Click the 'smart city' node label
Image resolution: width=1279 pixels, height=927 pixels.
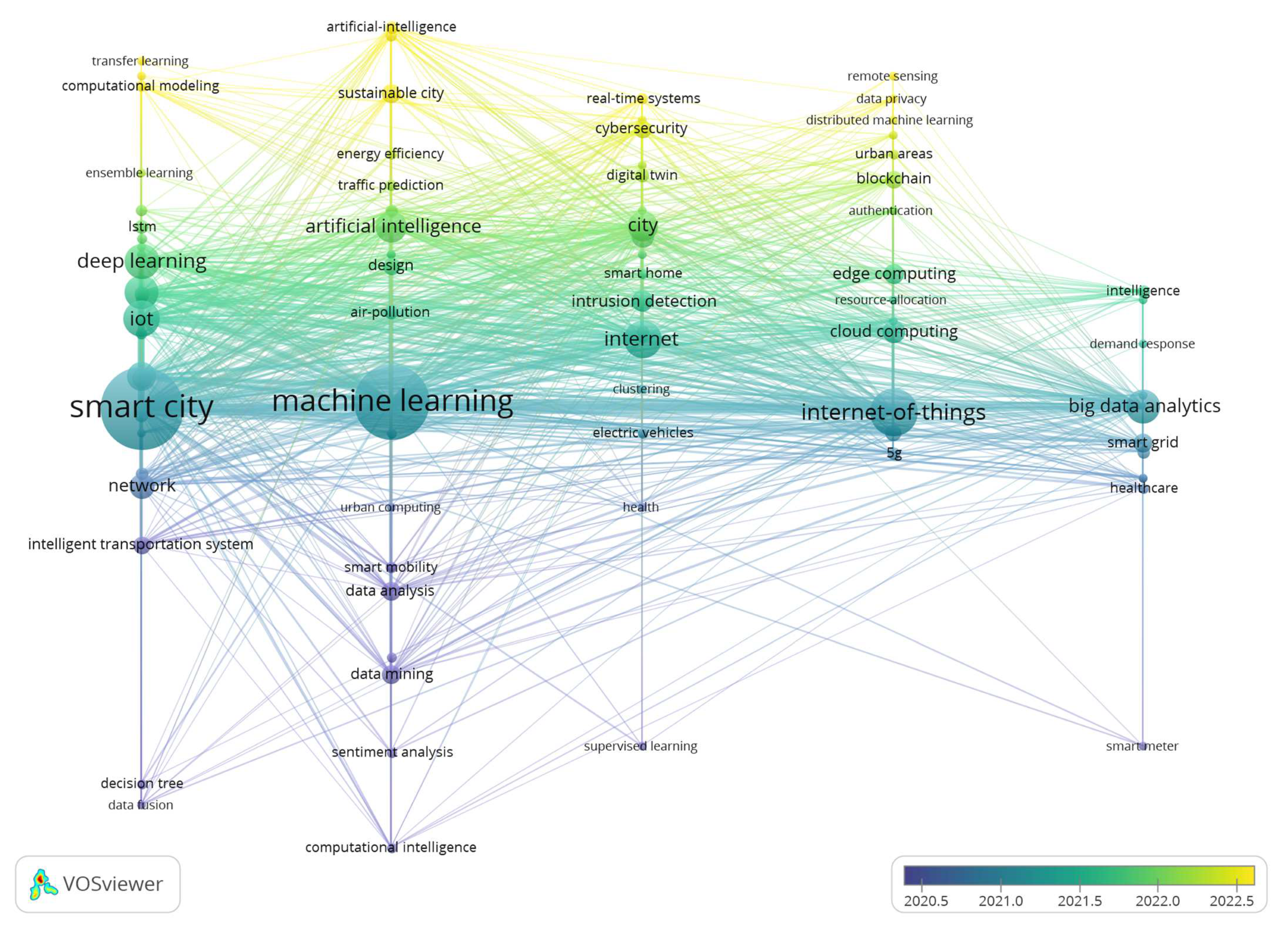coord(141,407)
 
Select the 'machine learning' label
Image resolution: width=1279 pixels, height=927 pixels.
coord(392,401)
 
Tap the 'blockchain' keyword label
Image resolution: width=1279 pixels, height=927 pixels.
coord(893,178)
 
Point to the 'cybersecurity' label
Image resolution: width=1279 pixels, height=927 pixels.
coord(641,128)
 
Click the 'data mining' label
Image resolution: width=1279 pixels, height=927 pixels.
coord(392,674)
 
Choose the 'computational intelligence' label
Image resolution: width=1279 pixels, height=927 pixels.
coord(391,847)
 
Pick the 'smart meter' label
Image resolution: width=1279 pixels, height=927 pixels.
coord(1142,746)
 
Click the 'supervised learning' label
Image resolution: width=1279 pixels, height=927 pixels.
coord(641,746)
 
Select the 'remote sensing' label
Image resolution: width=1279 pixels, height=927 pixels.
coord(892,76)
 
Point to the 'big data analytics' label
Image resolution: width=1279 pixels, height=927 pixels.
coord(1144,406)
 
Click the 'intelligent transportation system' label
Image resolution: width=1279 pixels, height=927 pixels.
coord(140,544)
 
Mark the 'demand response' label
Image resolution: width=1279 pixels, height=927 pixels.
coord(1142,344)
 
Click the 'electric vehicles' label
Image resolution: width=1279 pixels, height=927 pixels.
coord(643,432)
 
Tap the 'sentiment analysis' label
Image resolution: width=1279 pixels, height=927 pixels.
coord(392,752)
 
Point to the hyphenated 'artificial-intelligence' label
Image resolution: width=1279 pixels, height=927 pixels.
coord(391,26)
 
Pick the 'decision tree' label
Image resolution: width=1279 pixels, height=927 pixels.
coord(141,783)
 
